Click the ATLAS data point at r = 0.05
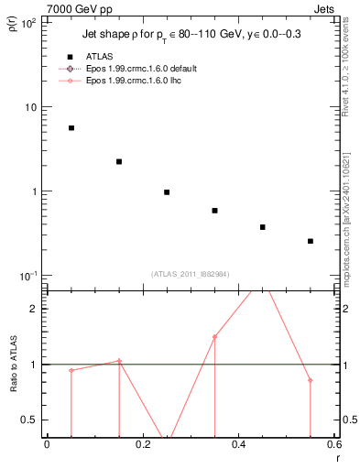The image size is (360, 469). (x=71, y=128)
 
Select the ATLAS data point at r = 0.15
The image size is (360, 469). (x=119, y=162)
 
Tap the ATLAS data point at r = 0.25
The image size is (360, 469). (x=167, y=192)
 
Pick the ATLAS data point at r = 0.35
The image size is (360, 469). (x=214, y=211)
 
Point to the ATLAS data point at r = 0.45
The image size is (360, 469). (x=263, y=227)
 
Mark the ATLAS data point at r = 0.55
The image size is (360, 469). (x=311, y=241)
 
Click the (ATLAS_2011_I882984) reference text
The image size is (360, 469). (x=190, y=274)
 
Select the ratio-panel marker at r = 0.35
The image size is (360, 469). (x=214, y=337)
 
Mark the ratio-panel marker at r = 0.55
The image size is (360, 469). (x=311, y=380)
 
